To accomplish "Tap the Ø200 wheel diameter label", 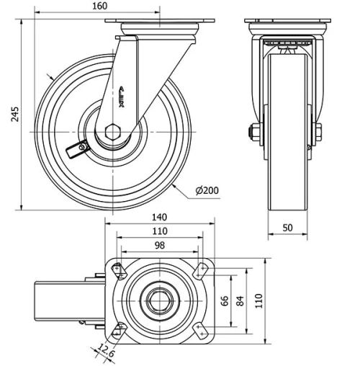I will click(206, 190).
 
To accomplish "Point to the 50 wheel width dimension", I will click(287, 227).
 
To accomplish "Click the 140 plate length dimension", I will click(160, 216).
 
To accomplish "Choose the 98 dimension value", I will click(160, 246).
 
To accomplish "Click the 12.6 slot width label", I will click(106, 353).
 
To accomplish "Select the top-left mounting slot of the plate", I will click(117, 270).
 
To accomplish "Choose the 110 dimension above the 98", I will click(160, 231).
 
